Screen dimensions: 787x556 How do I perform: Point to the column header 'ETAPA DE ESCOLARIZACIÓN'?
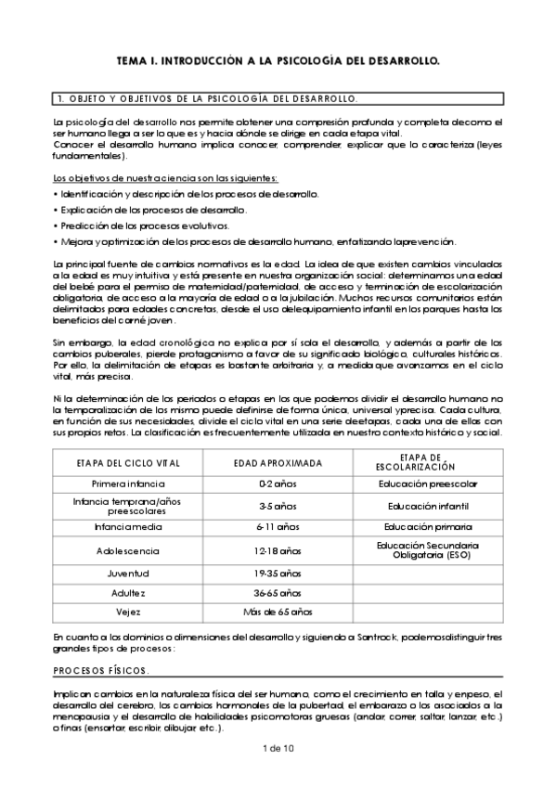point(428,461)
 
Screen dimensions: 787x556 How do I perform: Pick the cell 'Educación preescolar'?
point(428,484)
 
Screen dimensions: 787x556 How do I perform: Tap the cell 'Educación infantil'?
point(428,506)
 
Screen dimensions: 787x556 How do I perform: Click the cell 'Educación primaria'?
point(428,527)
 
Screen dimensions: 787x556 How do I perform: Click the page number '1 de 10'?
point(278,747)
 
